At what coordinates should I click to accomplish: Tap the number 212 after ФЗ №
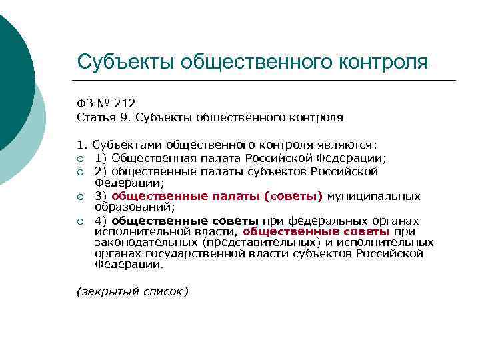click(x=124, y=103)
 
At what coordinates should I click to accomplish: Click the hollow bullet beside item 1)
click(x=80, y=159)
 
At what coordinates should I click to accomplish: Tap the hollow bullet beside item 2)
click(x=80, y=172)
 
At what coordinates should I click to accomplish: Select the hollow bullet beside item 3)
click(x=80, y=197)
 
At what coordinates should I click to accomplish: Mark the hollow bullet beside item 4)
click(x=80, y=221)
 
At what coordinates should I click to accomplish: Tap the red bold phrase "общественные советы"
click(x=317, y=231)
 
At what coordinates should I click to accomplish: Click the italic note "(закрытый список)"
click(x=133, y=291)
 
